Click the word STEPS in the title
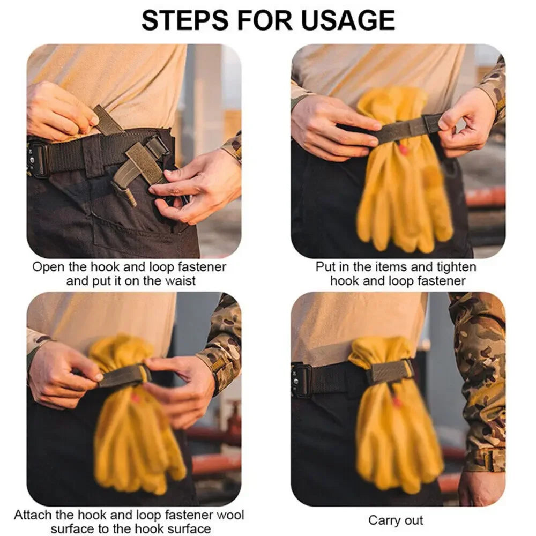pyautogui.click(x=185, y=20)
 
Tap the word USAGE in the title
pyautogui.click(x=348, y=20)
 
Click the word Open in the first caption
pyautogui.click(x=48, y=267)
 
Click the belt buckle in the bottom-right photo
pyautogui.click(x=300, y=381)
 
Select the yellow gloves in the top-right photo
pyautogui.click(x=404, y=171)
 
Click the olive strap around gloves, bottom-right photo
pyautogui.click(x=390, y=373)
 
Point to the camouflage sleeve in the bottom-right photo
pyautogui.click(x=479, y=383)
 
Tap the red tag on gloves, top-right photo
pyautogui.click(x=404, y=149)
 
